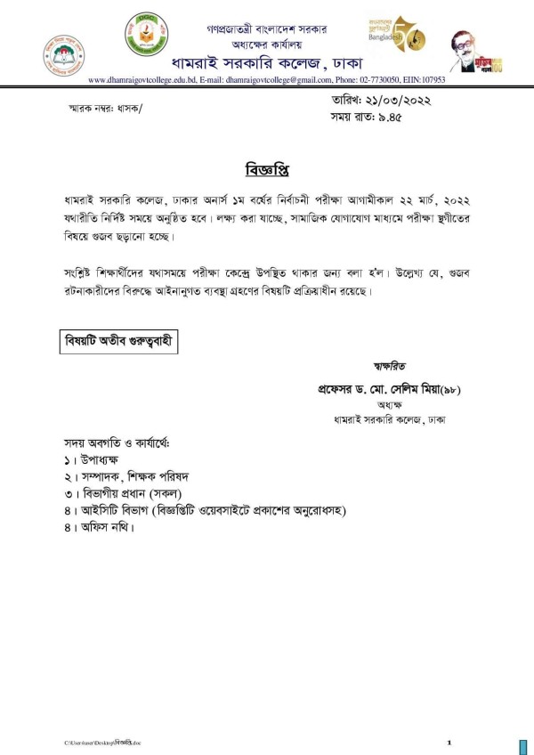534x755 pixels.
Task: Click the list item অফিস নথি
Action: click(104, 527)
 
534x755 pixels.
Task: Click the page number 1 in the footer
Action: click(449, 742)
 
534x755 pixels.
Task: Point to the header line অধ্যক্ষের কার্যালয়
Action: click(266, 42)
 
